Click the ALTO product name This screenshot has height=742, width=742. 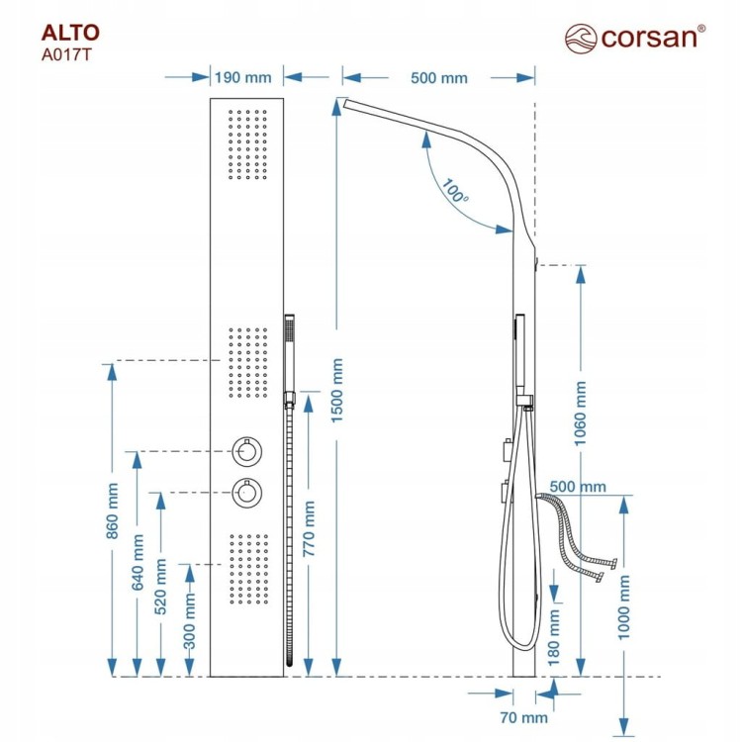coord(70,33)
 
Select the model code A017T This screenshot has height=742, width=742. coord(65,55)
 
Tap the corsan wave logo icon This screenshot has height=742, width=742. coord(581,39)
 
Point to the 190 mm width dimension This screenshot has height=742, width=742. coord(243,77)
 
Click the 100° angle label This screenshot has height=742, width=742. coord(455,191)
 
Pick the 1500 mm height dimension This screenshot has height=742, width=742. coord(336,391)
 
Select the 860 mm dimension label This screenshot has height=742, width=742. coord(112,510)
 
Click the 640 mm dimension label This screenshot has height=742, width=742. coord(138,562)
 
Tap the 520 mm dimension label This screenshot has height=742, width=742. coord(161,587)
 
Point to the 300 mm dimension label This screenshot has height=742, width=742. coord(189,621)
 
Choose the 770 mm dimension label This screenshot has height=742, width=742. coord(309,528)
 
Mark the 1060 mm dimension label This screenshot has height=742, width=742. coord(580,414)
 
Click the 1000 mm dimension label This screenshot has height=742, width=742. coord(624,607)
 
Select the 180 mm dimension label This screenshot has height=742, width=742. coord(554,637)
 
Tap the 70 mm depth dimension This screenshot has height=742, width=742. coord(523,717)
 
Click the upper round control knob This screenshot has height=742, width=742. coord(247,450)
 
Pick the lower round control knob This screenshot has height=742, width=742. coord(247,492)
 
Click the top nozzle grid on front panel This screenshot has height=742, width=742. coord(247,144)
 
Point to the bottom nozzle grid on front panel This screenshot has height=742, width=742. coord(249,569)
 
